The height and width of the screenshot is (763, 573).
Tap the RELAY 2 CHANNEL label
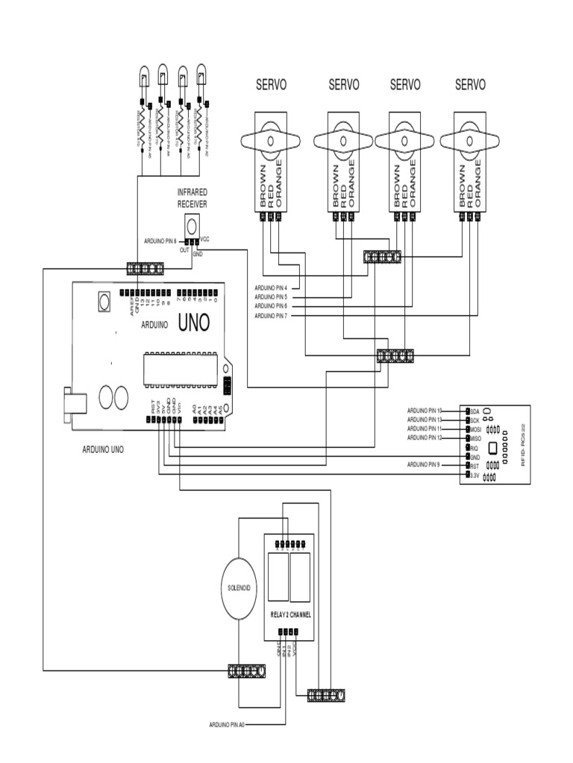click(x=290, y=615)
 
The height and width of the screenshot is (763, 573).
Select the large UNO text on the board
click(x=192, y=323)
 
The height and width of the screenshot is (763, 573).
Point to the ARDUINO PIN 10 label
click(x=425, y=411)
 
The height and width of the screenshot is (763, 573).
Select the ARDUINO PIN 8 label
click(x=160, y=241)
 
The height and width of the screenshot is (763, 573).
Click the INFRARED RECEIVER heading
click(x=192, y=197)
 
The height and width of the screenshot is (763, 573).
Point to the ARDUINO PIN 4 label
click(x=276, y=287)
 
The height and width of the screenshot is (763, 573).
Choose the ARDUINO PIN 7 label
click(x=276, y=316)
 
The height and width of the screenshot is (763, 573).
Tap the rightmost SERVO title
click(x=470, y=85)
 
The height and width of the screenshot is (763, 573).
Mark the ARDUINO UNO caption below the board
click(x=103, y=450)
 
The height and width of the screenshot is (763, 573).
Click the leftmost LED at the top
click(x=142, y=76)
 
